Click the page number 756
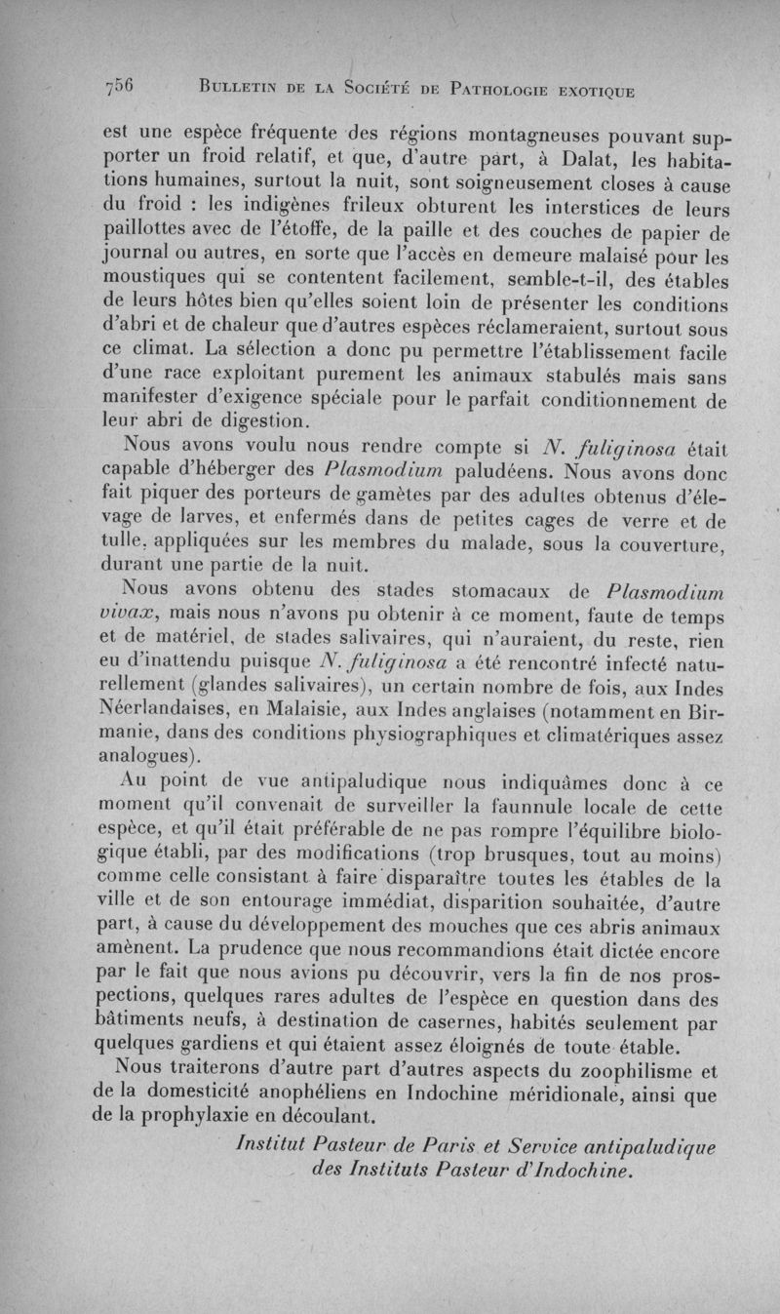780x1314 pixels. [120, 89]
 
